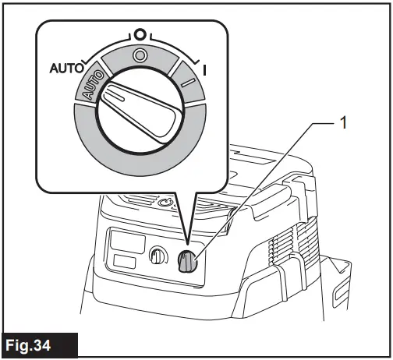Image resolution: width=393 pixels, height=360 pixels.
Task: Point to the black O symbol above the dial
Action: [x=139, y=35]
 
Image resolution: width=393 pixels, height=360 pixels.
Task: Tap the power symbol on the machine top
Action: [x=165, y=204]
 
